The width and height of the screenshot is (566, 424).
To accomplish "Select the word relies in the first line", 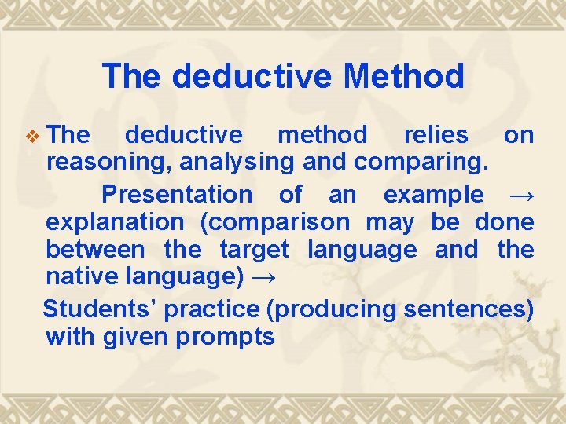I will pos(436,135).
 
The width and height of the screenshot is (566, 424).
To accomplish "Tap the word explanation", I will pos(115,222).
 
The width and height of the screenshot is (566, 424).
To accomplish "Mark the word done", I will pos(504,222).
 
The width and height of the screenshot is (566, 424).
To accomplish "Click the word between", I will pos(95,250).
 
